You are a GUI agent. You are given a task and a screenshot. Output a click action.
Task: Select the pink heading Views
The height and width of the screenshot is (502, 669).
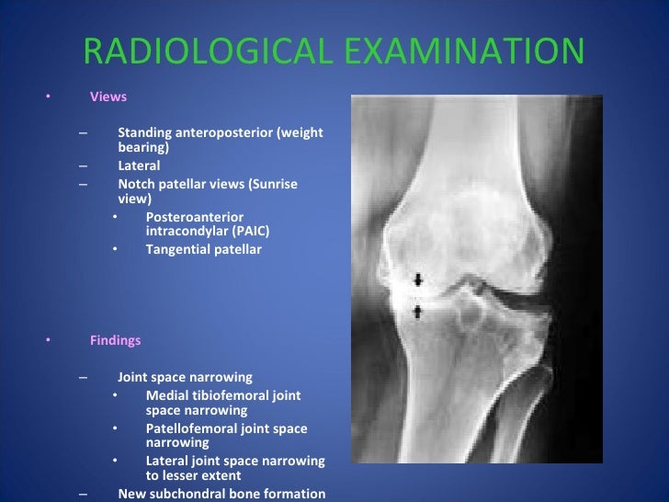(108, 97)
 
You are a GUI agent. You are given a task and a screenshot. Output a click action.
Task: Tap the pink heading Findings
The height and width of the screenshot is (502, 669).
(115, 340)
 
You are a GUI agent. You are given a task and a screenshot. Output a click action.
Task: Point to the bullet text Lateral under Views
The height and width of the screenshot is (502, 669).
(139, 166)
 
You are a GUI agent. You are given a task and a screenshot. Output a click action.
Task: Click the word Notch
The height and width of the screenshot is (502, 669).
(135, 184)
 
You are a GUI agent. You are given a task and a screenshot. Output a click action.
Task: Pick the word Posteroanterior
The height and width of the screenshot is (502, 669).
(194, 217)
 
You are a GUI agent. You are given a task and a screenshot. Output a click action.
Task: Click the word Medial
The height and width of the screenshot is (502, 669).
(165, 396)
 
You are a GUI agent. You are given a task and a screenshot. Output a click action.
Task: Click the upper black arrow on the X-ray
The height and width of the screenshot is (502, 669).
(419, 280)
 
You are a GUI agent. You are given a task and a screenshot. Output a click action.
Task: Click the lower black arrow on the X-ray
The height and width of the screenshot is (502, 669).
(419, 312)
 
